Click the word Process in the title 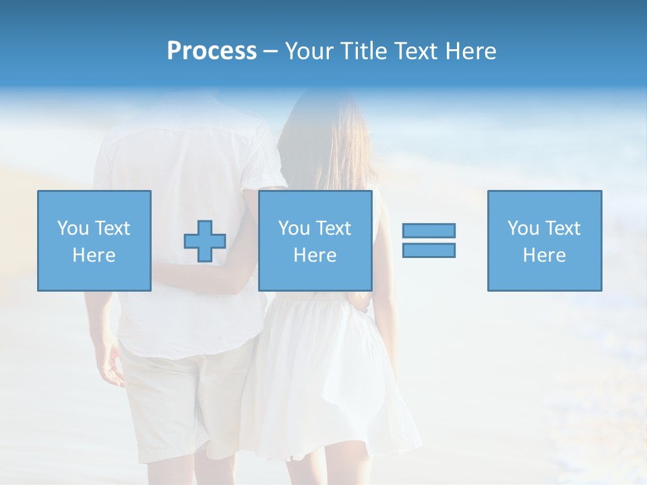coord(212,51)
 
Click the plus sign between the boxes coord(205,241)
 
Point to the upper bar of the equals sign coord(429,230)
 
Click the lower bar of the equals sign coord(429,250)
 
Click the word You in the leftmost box coord(71,228)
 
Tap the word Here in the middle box coord(315,255)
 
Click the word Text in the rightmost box coord(563,228)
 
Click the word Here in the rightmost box coord(544,255)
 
